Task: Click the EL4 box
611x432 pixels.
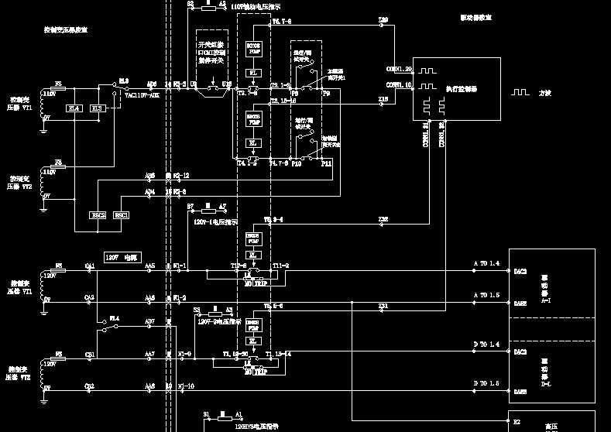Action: [x=74, y=108]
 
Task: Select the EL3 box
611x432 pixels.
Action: [x=98, y=108]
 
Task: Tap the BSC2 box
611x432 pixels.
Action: [x=98, y=214]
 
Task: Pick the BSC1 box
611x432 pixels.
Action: [x=122, y=214]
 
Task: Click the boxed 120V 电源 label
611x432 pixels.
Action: [x=122, y=256]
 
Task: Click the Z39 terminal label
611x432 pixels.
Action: [x=383, y=19]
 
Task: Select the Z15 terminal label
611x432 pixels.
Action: [x=383, y=99]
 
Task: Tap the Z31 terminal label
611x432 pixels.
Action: [x=383, y=306]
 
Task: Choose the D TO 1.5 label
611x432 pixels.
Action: [x=486, y=383]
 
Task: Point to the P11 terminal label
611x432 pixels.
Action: [x=327, y=163]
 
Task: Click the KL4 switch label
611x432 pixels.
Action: [x=114, y=317]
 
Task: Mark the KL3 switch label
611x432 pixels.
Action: [x=124, y=80]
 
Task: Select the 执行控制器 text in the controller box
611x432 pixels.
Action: [x=462, y=90]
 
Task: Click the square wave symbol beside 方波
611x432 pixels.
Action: [x=519, y=92]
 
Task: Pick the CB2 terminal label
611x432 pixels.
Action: [x=89, y=386]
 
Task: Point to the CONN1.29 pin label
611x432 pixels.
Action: [x=399, y=70]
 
